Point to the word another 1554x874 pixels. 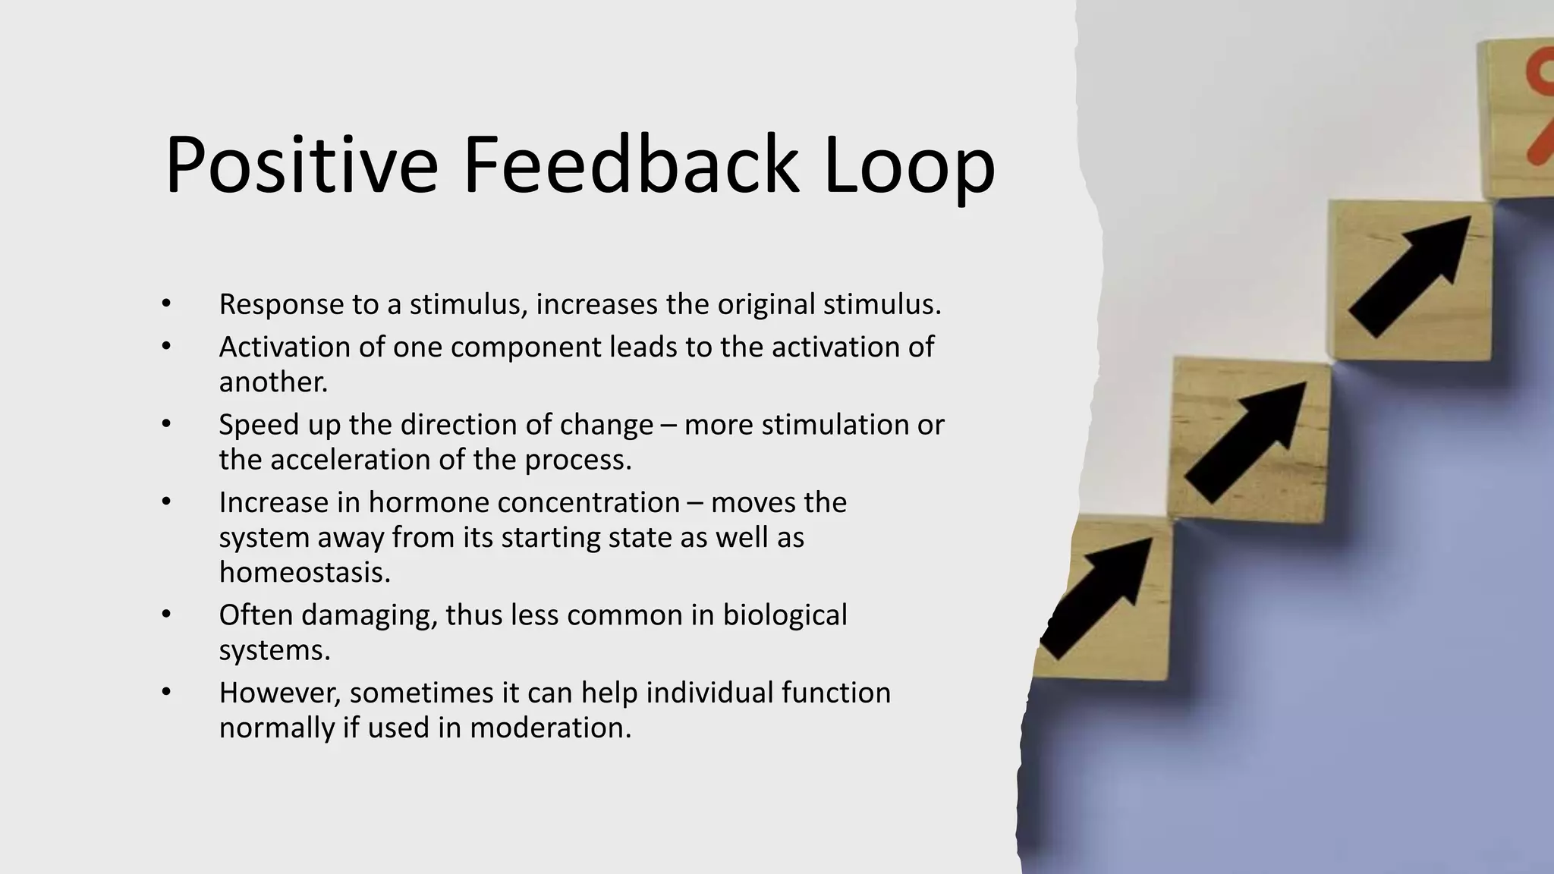[x=273, y=382]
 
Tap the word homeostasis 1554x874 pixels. [x=304, y=572]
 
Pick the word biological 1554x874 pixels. [x=784, y=615]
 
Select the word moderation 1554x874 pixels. [x=550, y=728]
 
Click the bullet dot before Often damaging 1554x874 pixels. [x=166, y=615]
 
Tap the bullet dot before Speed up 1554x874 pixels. [x=166, y=424]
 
